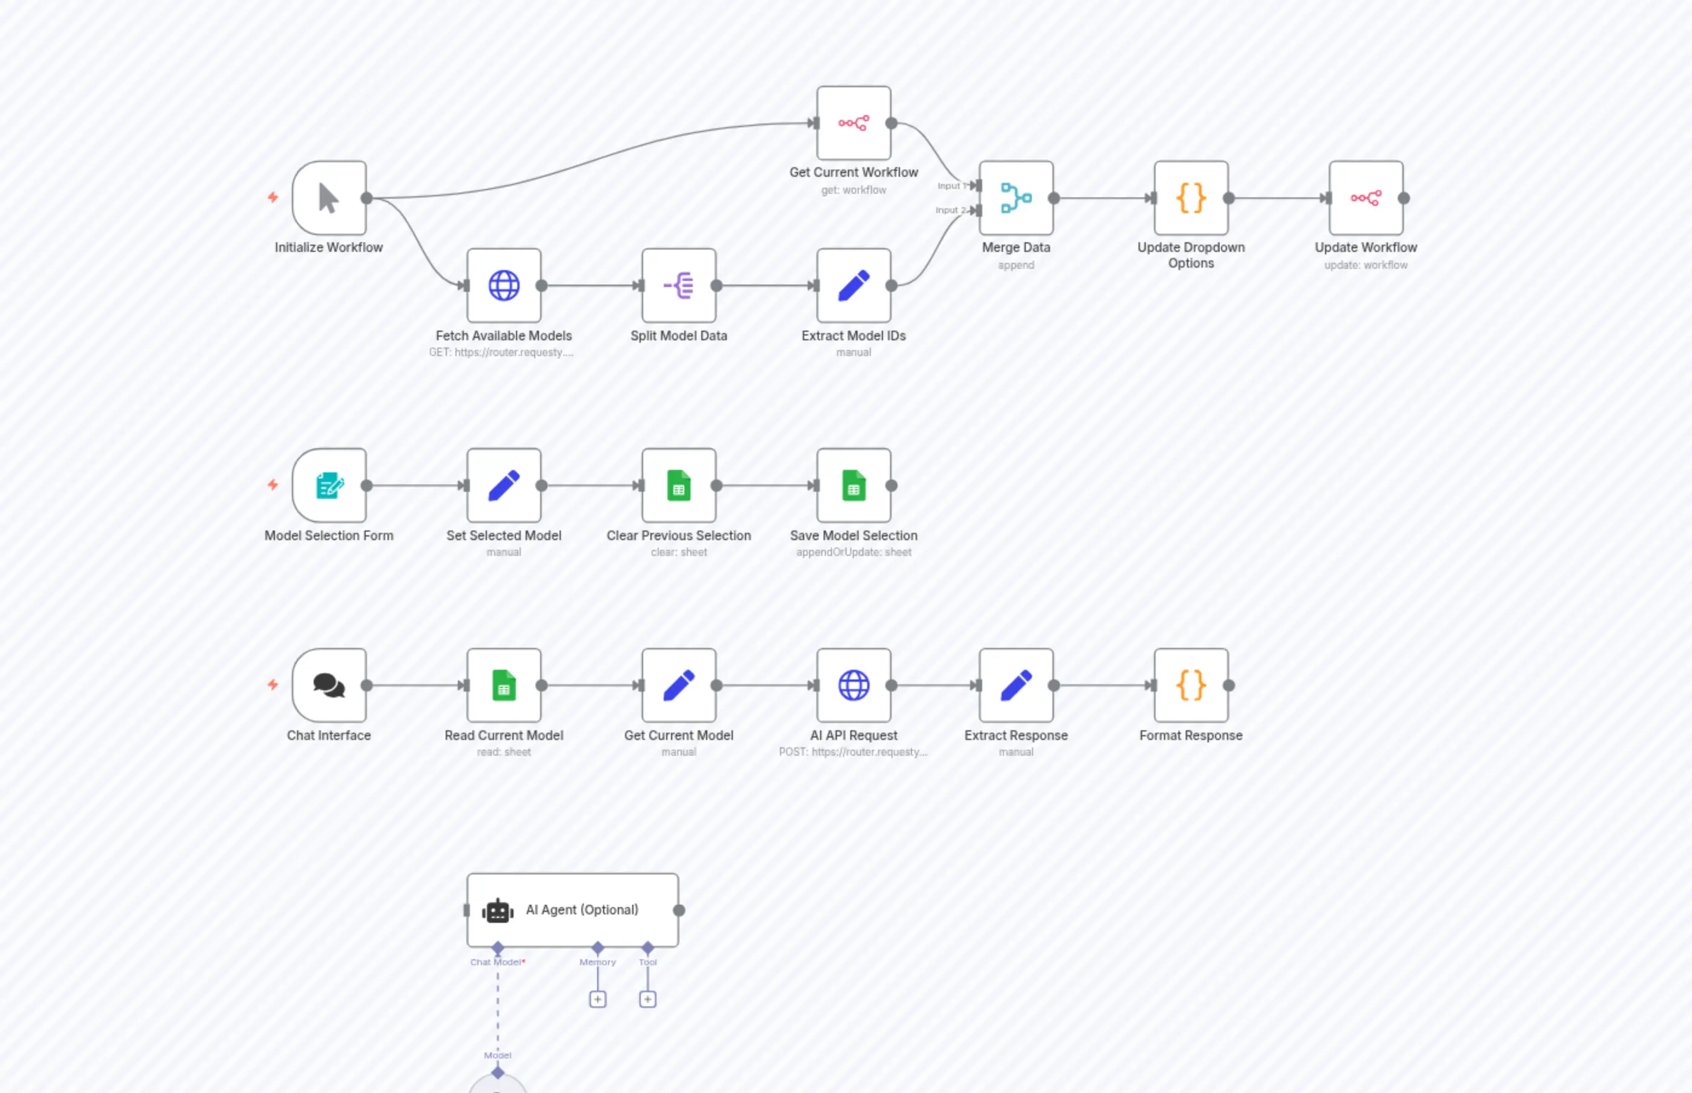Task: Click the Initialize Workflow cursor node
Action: (329, 198)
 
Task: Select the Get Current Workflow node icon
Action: (853, 124)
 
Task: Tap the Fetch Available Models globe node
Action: (504, 285)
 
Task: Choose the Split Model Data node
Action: (678, 285)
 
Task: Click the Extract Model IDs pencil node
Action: (853, 285)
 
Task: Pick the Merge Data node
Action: (1016, 198)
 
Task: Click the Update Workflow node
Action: (1365, 198)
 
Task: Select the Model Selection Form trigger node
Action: (329, 486)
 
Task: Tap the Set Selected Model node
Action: (504, 486)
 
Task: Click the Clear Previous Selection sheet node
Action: (678, 486)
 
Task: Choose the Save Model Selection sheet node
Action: (853, 486)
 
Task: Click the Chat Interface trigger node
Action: (329, 685)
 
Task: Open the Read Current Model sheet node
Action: (504, 685)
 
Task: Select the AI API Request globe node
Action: (853, 685)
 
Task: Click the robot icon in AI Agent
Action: (498, 911)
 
